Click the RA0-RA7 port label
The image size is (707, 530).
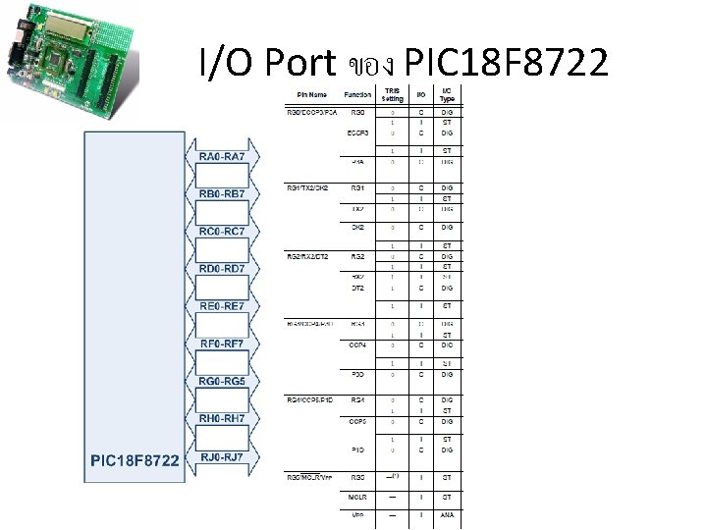click(228, 157)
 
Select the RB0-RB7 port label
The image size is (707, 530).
click(228, 194)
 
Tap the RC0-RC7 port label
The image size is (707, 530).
click(228, 232)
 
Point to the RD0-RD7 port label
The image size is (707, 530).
click(228, 269)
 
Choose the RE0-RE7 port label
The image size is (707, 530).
click(228, 306)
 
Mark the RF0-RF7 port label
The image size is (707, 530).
click(228, 344)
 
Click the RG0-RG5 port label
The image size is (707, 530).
click(228, 382)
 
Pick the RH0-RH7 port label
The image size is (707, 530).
click(228, 419)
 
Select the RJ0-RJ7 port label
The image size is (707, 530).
click(228, 457)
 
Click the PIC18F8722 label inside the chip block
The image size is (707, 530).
click(135, 459)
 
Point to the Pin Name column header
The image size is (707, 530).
click(312, 95)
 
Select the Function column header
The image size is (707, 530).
click(357, 95)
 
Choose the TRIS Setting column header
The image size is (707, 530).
click(393, 94)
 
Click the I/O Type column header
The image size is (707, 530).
click(447, 94)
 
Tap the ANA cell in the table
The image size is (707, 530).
click(447, 514)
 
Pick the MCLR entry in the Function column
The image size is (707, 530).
click(357, 497)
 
